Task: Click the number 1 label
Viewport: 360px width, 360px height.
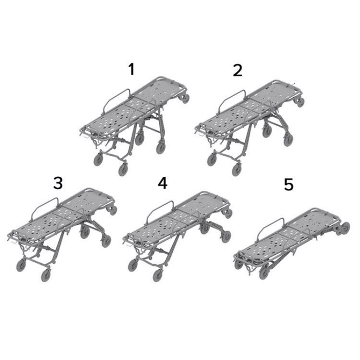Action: pyautogui.click(x=132, y=69)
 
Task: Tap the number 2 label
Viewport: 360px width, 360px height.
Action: pyautogui.click(x=238, y=70)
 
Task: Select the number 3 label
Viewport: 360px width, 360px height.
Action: pyautogui.click(x=58, y=183)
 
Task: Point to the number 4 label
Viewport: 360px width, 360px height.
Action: pyautogui.click(x=162, y=183)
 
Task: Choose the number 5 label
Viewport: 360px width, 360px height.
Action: pyautogui.click(x=288, y=184)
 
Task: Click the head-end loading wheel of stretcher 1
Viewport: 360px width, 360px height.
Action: pyautogui.click(x=184, y=99)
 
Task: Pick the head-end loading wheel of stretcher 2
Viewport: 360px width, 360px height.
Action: pyautogui.click(x=299, y=102)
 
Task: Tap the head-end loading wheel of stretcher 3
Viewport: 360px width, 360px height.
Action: pyautogui.click(x=112, y=210)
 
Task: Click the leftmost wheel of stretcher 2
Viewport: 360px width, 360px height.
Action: pyautogui.click(x=212, y=160)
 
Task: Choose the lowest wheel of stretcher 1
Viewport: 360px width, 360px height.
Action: pyautogui.click(x=123, y=169)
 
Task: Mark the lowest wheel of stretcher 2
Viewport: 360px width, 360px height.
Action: pyautogui.click(x=237, y=169)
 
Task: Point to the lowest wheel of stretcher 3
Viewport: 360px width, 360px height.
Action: pyautogui.click(x=46, y=275)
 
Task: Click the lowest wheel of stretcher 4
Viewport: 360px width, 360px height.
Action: pyautogui.click(x=158, y=275)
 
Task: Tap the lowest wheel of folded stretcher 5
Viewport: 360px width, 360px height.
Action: pyautogui.click(x=264, y=272)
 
